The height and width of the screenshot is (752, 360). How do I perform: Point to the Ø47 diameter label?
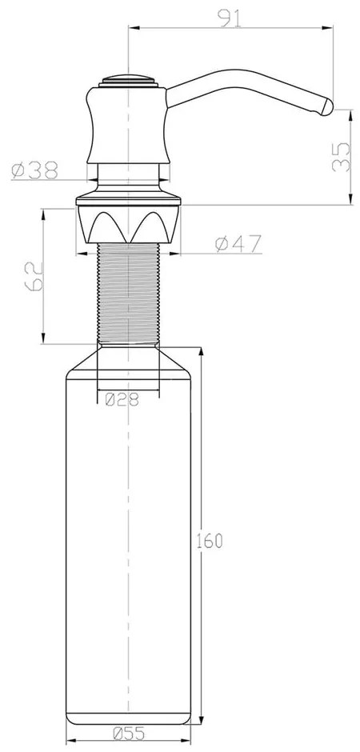(238, 245)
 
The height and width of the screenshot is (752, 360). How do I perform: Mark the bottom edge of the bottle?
(128, 717)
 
